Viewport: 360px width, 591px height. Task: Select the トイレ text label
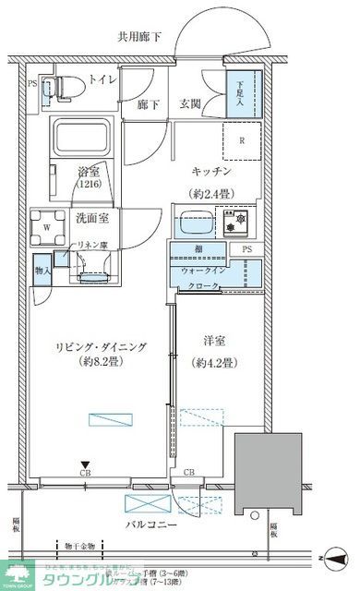[x=102, y=81]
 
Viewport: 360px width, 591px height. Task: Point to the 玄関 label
[x=191, y=105]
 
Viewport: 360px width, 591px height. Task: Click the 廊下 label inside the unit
[x=147, y=105]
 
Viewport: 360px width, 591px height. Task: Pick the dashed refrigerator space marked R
[x=242, y=141]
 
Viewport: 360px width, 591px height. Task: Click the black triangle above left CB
[x=85, y=464]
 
